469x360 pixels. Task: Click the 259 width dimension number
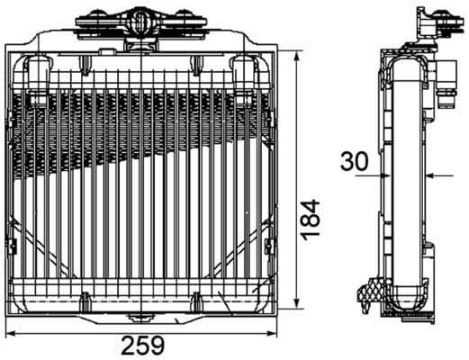click(x=143, y=345)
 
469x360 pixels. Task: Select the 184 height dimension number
click(x=310, y=219)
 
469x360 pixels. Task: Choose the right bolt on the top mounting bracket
click(x=185, y=21)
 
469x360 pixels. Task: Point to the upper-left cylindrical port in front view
click(x=38, y=76)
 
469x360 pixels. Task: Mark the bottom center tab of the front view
click(x=140, y=316)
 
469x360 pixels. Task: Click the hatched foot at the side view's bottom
click(x=369, y=292)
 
